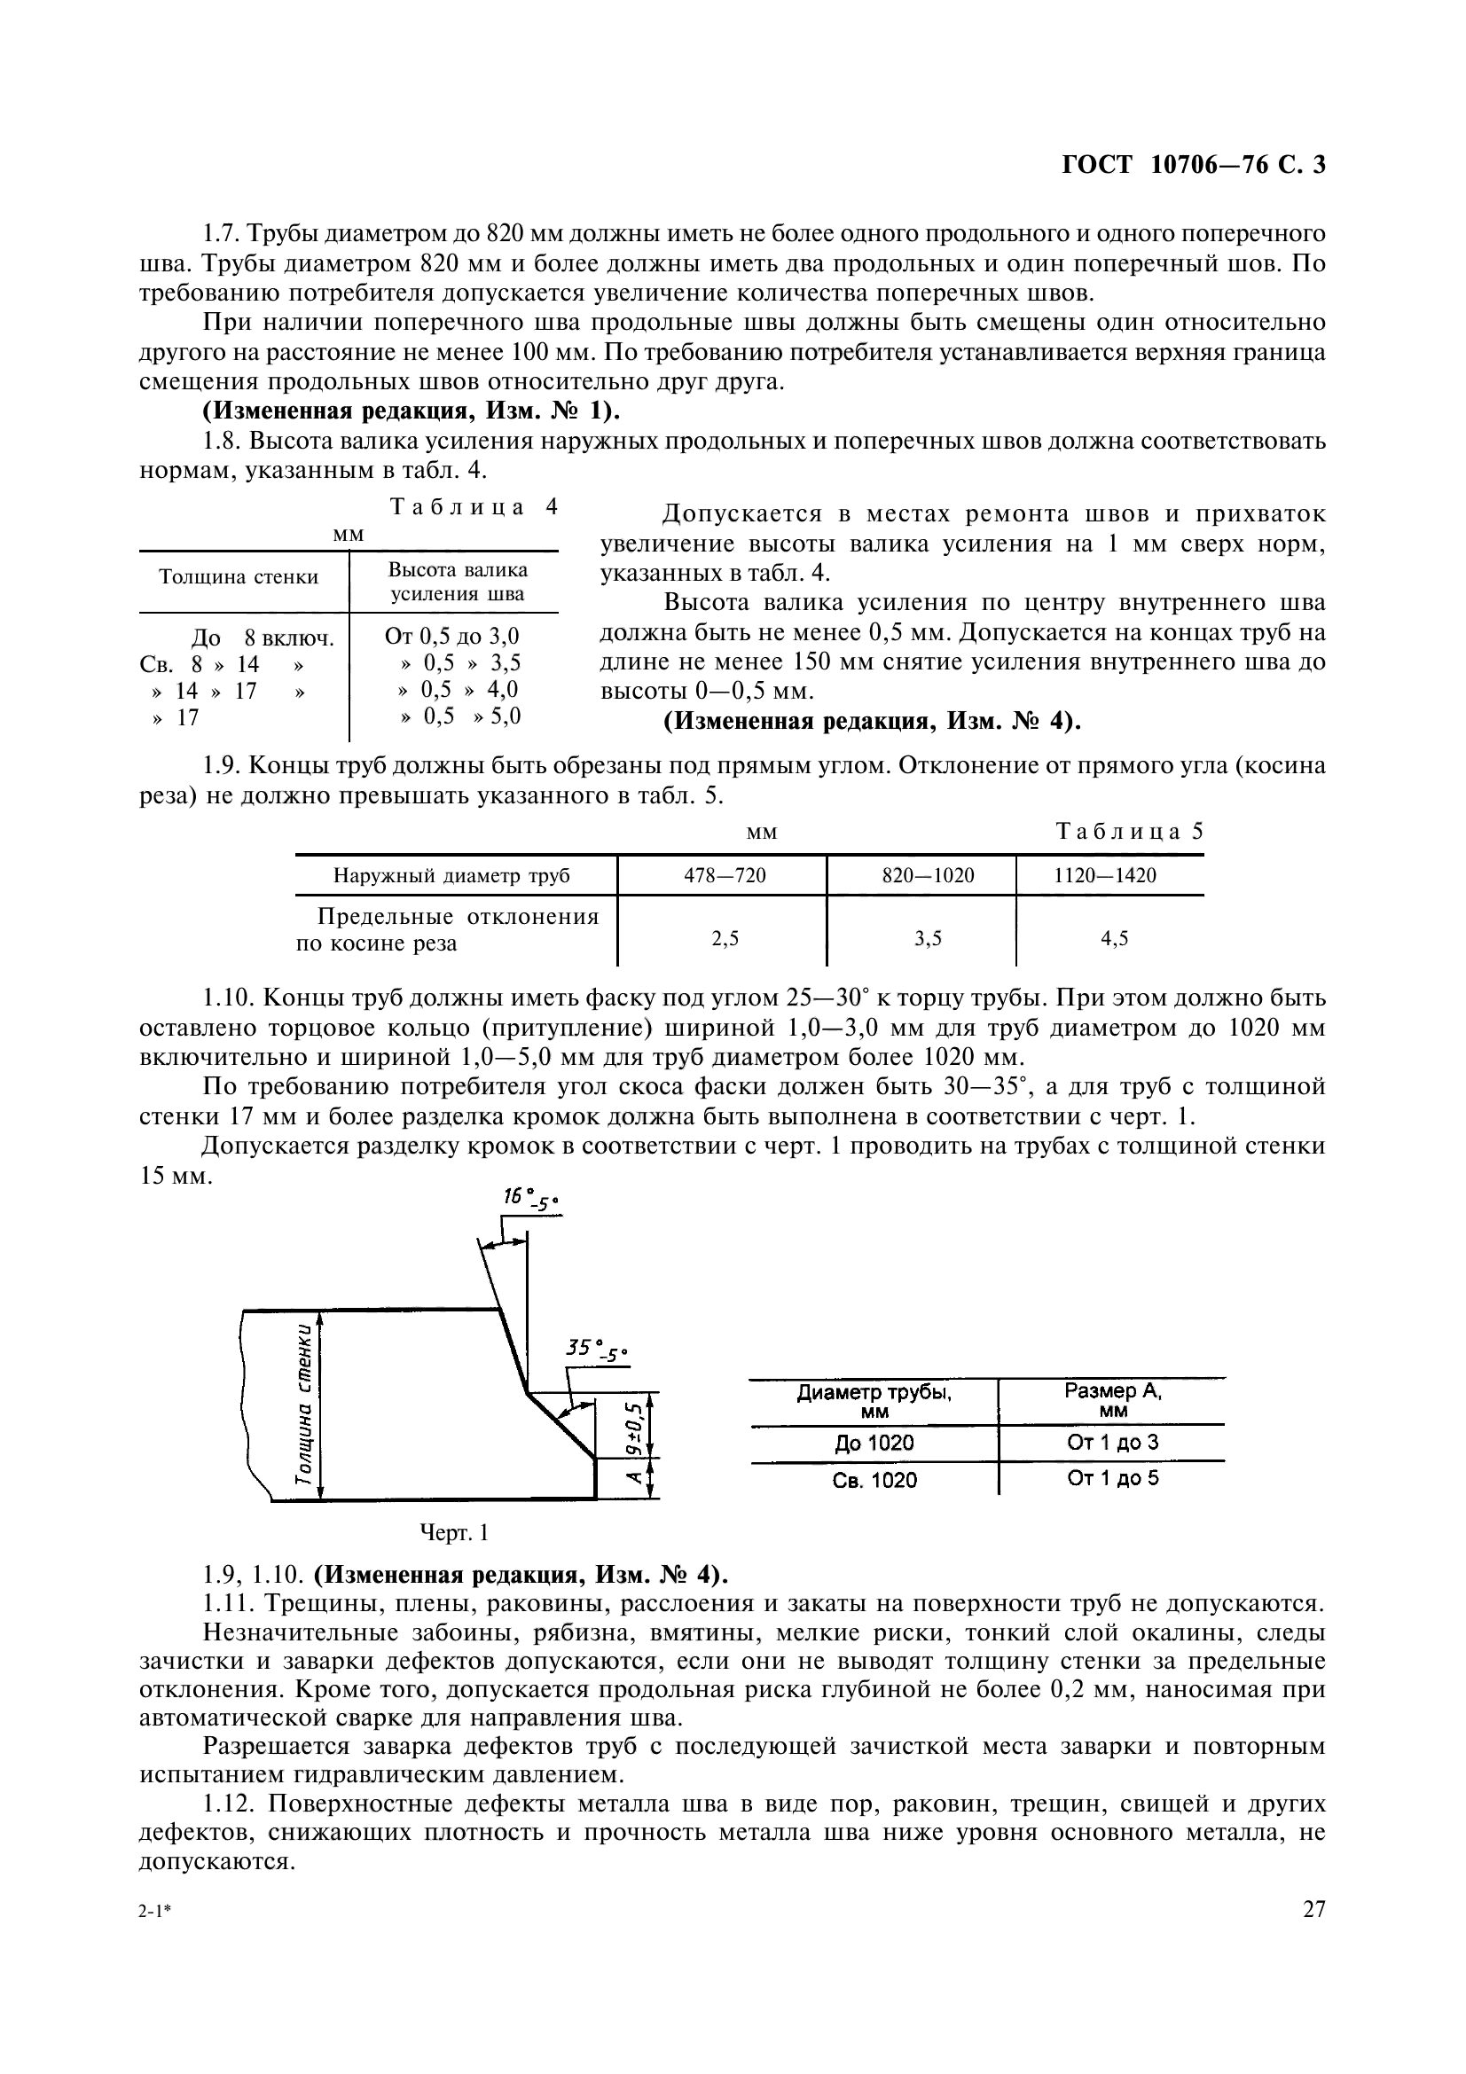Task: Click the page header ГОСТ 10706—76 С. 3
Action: pos(1192,165)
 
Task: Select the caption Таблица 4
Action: pos(474,507)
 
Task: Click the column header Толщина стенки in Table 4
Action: pos(239,576)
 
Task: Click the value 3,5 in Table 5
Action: pos(928,938)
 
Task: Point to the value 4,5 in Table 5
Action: pos(1115,938)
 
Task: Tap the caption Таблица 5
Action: pos(1129,831)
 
